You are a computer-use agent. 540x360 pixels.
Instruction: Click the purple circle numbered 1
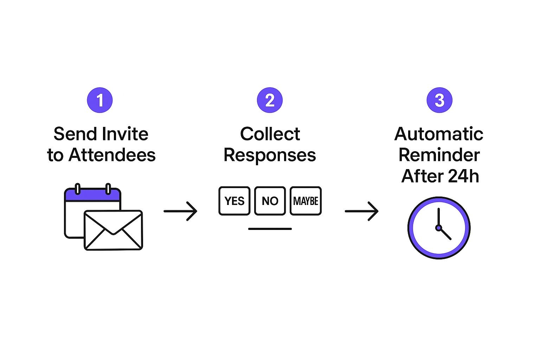[100, 100]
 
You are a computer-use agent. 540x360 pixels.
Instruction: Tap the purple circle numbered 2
[270, 100]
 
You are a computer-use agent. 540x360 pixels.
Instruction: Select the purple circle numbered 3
[439, 100]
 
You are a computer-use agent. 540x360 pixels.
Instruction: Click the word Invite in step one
[125, 134]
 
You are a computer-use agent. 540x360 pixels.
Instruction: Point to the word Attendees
[112, 155]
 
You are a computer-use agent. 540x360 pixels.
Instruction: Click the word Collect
[270, 134]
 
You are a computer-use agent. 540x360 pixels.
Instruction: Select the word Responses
[270, 155]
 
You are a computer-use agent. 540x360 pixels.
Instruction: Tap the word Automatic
[439, 134]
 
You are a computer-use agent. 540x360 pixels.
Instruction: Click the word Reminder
[439, 155]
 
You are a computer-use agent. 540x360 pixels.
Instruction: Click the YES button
[234, 201]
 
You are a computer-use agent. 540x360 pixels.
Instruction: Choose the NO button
[270, 201]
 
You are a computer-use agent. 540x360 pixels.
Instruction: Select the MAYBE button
[306, 201]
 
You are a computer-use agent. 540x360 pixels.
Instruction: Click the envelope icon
[113, 230]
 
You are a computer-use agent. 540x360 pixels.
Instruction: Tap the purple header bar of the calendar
[92, 195]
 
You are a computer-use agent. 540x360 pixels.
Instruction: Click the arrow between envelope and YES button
[180, 211]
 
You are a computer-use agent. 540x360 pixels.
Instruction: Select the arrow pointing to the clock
[361, 211]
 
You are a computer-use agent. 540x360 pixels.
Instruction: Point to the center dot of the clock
[438, 228]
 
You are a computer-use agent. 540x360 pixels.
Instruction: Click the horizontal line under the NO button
[270, 229]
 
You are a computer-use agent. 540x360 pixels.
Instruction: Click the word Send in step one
[75, 134]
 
